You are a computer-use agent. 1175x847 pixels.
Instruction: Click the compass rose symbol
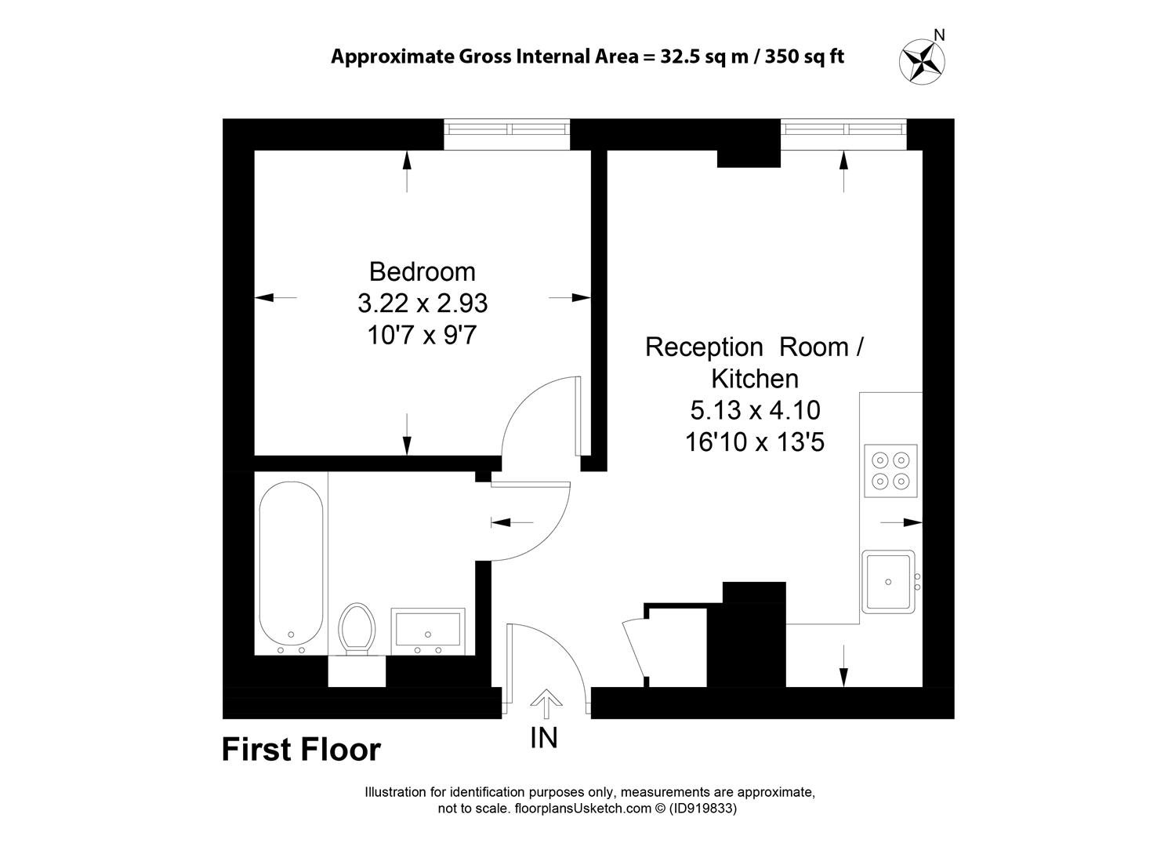tap(922, 61)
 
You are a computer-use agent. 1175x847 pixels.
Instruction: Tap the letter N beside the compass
tap(940, 35)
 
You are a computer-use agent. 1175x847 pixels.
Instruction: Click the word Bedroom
tap(422, 272)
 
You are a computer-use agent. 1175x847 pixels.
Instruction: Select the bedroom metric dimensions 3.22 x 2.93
tap(422, 304)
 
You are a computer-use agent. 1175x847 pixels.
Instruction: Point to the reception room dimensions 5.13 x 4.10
tap(756, 410)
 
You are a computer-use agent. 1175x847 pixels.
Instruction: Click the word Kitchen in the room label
tap(755, 379)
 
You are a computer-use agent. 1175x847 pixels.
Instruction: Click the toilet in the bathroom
tap(357, 629)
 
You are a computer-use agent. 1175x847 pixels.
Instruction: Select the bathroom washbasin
tap(428, 631)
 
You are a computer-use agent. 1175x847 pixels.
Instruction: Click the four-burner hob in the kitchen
tap(890, 471)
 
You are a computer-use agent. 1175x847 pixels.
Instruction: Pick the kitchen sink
tap(889, 582)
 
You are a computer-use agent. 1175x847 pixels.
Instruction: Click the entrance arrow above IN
tap(546, 703)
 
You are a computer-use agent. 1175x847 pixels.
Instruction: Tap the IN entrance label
tap(544, 738)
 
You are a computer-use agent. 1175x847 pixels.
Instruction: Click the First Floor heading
tap(302, 750)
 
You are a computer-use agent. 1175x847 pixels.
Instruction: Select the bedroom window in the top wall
tap(506, 134)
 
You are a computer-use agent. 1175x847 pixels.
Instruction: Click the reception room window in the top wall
tap(843, 134)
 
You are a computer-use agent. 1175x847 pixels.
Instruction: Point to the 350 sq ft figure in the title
tap(805, 56)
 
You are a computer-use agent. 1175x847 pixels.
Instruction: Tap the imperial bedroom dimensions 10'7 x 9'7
tap(422, 336)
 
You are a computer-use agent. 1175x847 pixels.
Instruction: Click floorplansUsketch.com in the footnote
tap(582, 808)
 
